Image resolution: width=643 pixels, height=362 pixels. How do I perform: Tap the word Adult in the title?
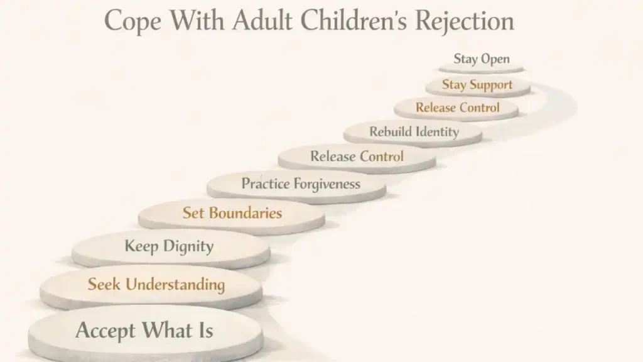[263, 21]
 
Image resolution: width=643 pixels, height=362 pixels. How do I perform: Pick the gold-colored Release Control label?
[458, 107]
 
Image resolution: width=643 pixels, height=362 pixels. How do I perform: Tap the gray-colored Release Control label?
[357, 156]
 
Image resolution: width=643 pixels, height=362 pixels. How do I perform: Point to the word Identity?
[439, 132]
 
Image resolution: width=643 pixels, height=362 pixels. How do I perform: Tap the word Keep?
[141, 246]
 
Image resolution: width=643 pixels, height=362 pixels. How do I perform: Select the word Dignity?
[188, 246]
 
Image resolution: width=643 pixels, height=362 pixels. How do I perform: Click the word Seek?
[104, 284]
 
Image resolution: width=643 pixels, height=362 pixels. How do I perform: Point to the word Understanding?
[175, 285]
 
